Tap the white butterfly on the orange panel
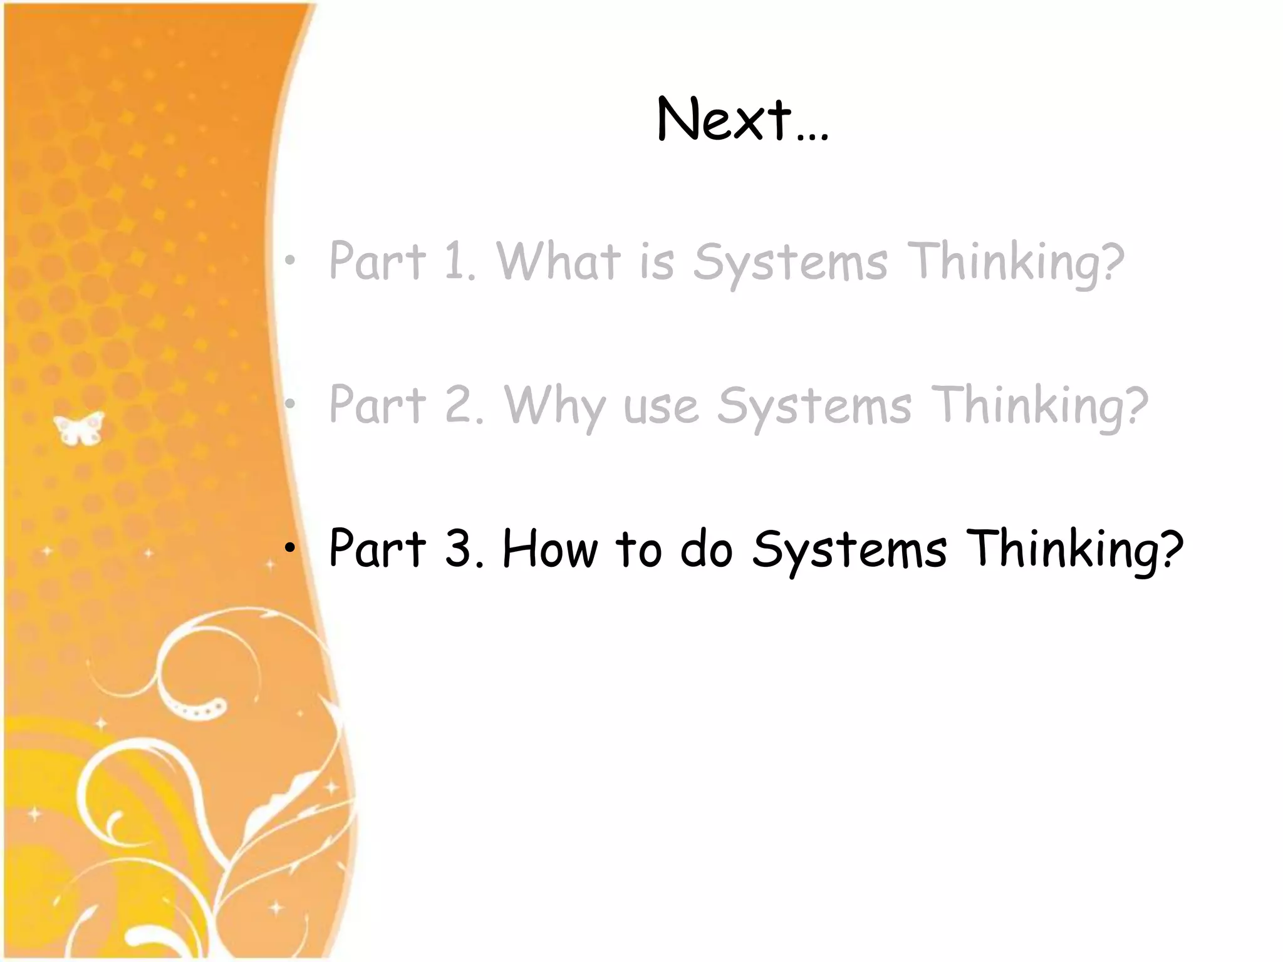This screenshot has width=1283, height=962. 78,428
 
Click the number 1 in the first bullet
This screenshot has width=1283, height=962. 456,261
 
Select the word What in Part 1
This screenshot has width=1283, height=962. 558,261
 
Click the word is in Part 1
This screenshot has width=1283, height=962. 656,262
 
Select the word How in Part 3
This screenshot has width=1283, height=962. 550,549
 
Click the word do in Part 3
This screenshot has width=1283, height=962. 706,549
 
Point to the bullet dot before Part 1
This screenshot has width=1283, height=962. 289,260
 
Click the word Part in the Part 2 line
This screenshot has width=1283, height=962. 377,405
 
